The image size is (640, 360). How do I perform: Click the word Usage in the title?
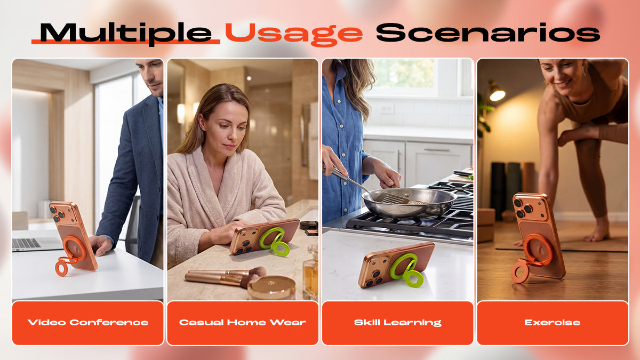coord(294,34)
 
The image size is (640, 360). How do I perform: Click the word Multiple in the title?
coord(126,34)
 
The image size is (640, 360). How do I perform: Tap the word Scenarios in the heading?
coord(488,33)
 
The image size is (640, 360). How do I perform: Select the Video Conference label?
coord(88,323)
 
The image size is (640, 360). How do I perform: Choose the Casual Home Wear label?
coord(242,323)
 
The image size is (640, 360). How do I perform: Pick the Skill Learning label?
coord(398,323)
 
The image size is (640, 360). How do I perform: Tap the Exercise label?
coord(553,323)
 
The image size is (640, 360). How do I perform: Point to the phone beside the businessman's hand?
coord(74,236)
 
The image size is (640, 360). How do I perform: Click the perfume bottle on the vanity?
coord(310,274)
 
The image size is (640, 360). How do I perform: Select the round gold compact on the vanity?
coord(271,287)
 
